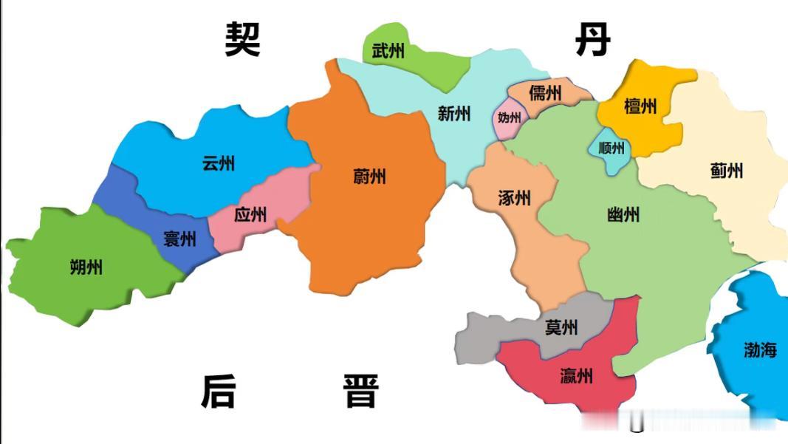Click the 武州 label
point(388,51)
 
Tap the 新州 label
point(453,114)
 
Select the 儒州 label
point(545,94)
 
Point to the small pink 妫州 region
point(509,119)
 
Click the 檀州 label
point(640,106)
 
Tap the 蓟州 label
point(726,171)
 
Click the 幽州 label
point(623,215)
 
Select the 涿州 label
point(515,198)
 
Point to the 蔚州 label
point(369,177)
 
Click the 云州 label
point(218,163)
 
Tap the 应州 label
point(250,215)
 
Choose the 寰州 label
point(179,239)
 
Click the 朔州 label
point(86,267)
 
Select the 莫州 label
point(561,327)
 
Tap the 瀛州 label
point(576,377)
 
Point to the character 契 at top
point(243,39)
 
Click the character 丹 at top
point(592,39)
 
